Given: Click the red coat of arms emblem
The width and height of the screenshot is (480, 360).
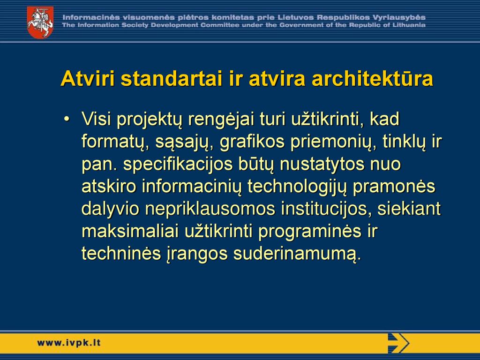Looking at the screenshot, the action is point(40,22).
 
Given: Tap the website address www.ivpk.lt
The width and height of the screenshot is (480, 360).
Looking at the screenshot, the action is point(69,343).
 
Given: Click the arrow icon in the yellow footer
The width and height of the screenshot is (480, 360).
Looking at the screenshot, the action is point(398,343).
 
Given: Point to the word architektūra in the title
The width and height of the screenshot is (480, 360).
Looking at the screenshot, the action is point(372,78).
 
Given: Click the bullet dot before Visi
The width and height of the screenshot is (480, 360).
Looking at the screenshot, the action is point(67,119).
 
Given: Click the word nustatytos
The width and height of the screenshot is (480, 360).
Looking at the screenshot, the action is point(322,164).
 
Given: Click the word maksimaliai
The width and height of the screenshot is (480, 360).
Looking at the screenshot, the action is point(130,231).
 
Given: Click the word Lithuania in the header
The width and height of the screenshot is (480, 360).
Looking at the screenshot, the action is point(409,25).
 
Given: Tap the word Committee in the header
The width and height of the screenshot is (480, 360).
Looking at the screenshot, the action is point(220,25).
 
